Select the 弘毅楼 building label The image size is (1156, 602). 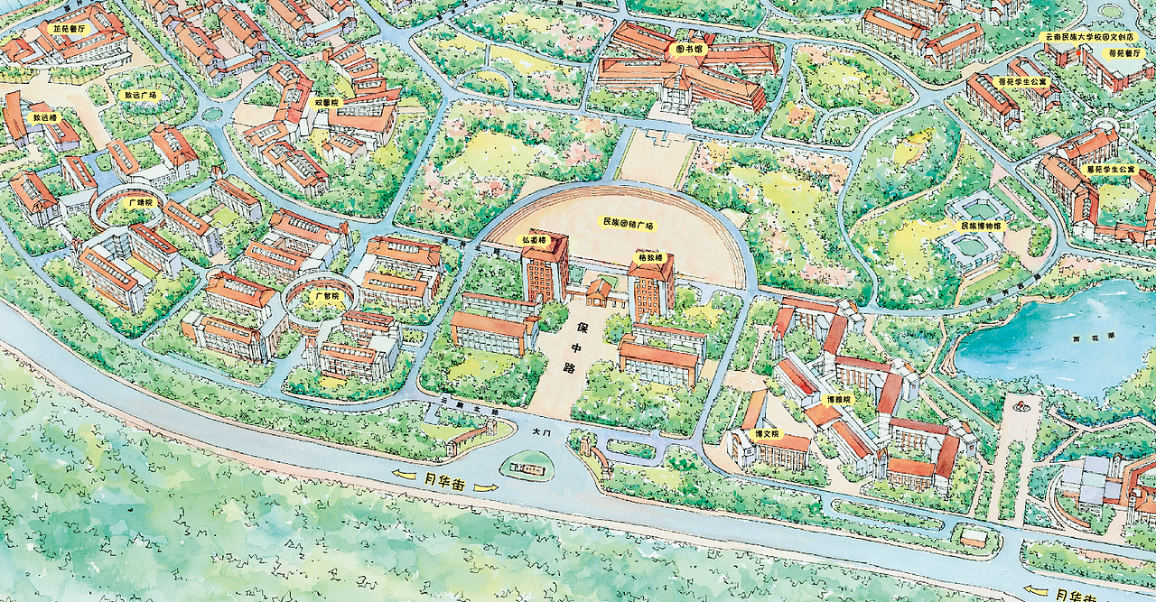(x=531, y=240)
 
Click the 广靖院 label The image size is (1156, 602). (x=142, y=202)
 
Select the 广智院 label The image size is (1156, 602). (x=326, y=295)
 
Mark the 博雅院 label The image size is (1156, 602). (x=838, y=399)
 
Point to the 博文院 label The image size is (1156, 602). (x=766, y=433)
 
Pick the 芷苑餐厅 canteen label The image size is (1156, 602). (x=69, y=29)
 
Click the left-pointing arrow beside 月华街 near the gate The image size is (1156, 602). (x=404, y=477)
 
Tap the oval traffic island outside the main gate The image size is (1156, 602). (x=527, y=466)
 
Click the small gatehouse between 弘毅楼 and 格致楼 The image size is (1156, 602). (x=599, y=290)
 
